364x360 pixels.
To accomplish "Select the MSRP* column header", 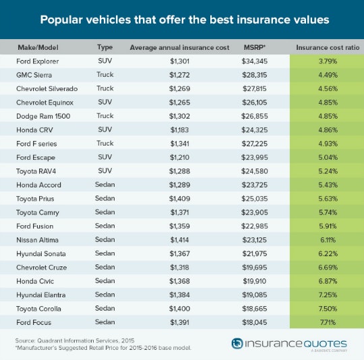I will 255,48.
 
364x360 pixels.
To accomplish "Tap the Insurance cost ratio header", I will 326,48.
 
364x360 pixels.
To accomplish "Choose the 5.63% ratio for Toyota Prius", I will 326,210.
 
